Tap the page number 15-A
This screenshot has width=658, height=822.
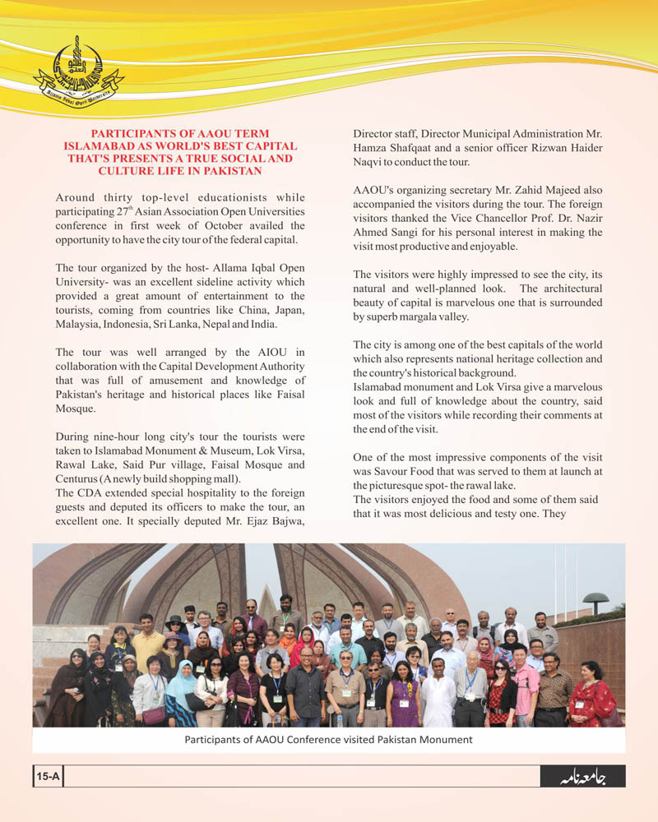tap(49, 776)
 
